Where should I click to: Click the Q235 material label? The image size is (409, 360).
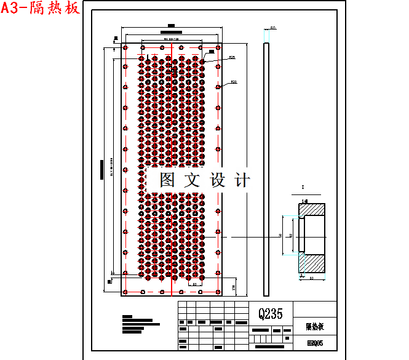pos(271,314)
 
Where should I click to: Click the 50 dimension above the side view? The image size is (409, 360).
pos(272,28)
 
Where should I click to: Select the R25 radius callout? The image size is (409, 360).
pos(232,58)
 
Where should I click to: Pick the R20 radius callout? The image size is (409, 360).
pos(234,82)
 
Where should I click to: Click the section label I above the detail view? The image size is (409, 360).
pos(303,186)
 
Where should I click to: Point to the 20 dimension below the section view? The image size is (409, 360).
pos(311,278)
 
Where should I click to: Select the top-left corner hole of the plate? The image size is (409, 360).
pos(125,47)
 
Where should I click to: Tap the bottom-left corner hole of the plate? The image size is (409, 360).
pos(125,292)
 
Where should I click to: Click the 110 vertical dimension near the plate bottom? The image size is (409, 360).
pos(234,287)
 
